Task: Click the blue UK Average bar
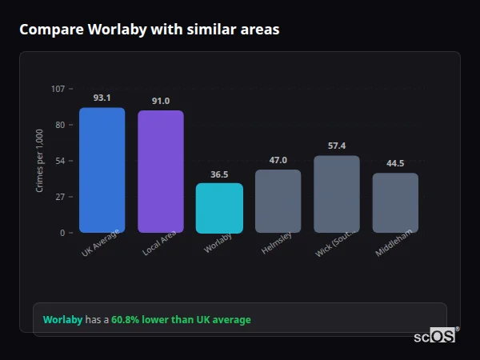pos(102,170)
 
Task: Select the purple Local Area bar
pos(161,172)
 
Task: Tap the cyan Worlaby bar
pos(219,208)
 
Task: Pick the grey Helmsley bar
pos(278,202)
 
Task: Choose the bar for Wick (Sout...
pos(337,194)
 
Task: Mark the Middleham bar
pos(395,203)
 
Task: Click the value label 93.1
pos(102,98)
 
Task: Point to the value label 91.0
pos(161,101)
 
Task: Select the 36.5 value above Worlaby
pos(219,174)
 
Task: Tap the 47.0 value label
pos(278,160)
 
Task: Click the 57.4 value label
pos(337,146)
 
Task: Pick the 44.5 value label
pos(395,163)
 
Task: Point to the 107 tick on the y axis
pos(58,89)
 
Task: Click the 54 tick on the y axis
pos(60,161)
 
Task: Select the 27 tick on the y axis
pos(60,197)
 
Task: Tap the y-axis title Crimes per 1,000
pos(40,161)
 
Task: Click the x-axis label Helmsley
pos(277,244)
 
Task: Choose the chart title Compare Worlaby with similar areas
pos(150,30)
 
